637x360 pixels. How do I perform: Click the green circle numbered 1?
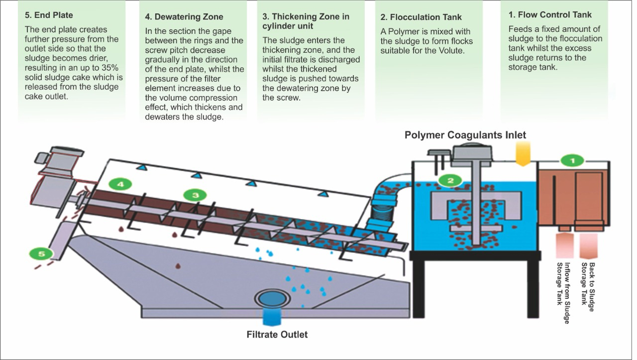572,160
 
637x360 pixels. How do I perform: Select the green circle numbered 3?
195,195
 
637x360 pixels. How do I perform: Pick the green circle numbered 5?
42,254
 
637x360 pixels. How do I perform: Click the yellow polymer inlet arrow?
522,153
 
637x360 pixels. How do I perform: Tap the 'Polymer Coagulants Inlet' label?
465,135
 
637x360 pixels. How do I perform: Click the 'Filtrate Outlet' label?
277,334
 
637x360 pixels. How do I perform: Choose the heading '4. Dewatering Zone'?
184,16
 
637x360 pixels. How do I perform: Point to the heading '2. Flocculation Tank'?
421,17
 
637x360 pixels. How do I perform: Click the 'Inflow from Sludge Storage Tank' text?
563,293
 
